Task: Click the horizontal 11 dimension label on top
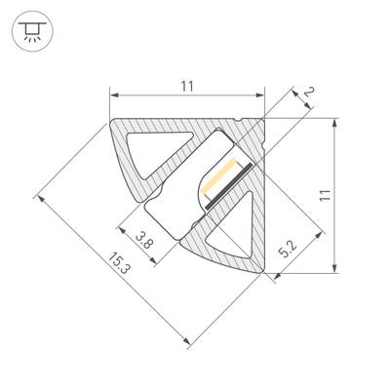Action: coord(187,87)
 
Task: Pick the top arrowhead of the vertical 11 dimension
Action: coord(335,123)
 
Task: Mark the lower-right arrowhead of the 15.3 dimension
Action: coord(185,341)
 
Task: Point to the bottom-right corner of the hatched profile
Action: coord(265,271)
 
